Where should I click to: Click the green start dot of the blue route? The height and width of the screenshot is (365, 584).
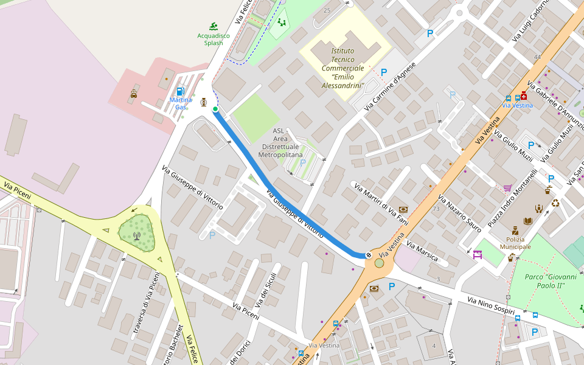[x=215, y=109]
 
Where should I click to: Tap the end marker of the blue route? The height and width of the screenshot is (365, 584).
[x=369, y=255]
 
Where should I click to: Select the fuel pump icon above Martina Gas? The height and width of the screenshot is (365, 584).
[x=180, y=91]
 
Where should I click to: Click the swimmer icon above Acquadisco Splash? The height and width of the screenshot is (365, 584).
[x=214, y=26]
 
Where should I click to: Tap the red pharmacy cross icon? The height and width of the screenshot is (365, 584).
[x=523, y=96]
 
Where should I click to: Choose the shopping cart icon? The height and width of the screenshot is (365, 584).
[x=507, y=188]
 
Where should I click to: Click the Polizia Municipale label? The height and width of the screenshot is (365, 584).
[x=515, y=243]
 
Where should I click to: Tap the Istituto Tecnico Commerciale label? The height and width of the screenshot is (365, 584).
[x=343, y=68]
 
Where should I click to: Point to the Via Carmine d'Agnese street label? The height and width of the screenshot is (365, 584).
[x=389, y=86]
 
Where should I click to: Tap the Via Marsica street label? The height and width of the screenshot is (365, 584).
[x=422, y=251]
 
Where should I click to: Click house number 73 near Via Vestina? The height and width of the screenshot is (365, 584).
[x=436, y=209]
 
